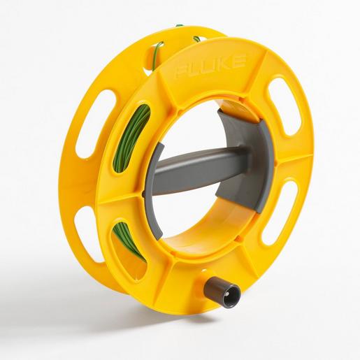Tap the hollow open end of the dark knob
228,294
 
